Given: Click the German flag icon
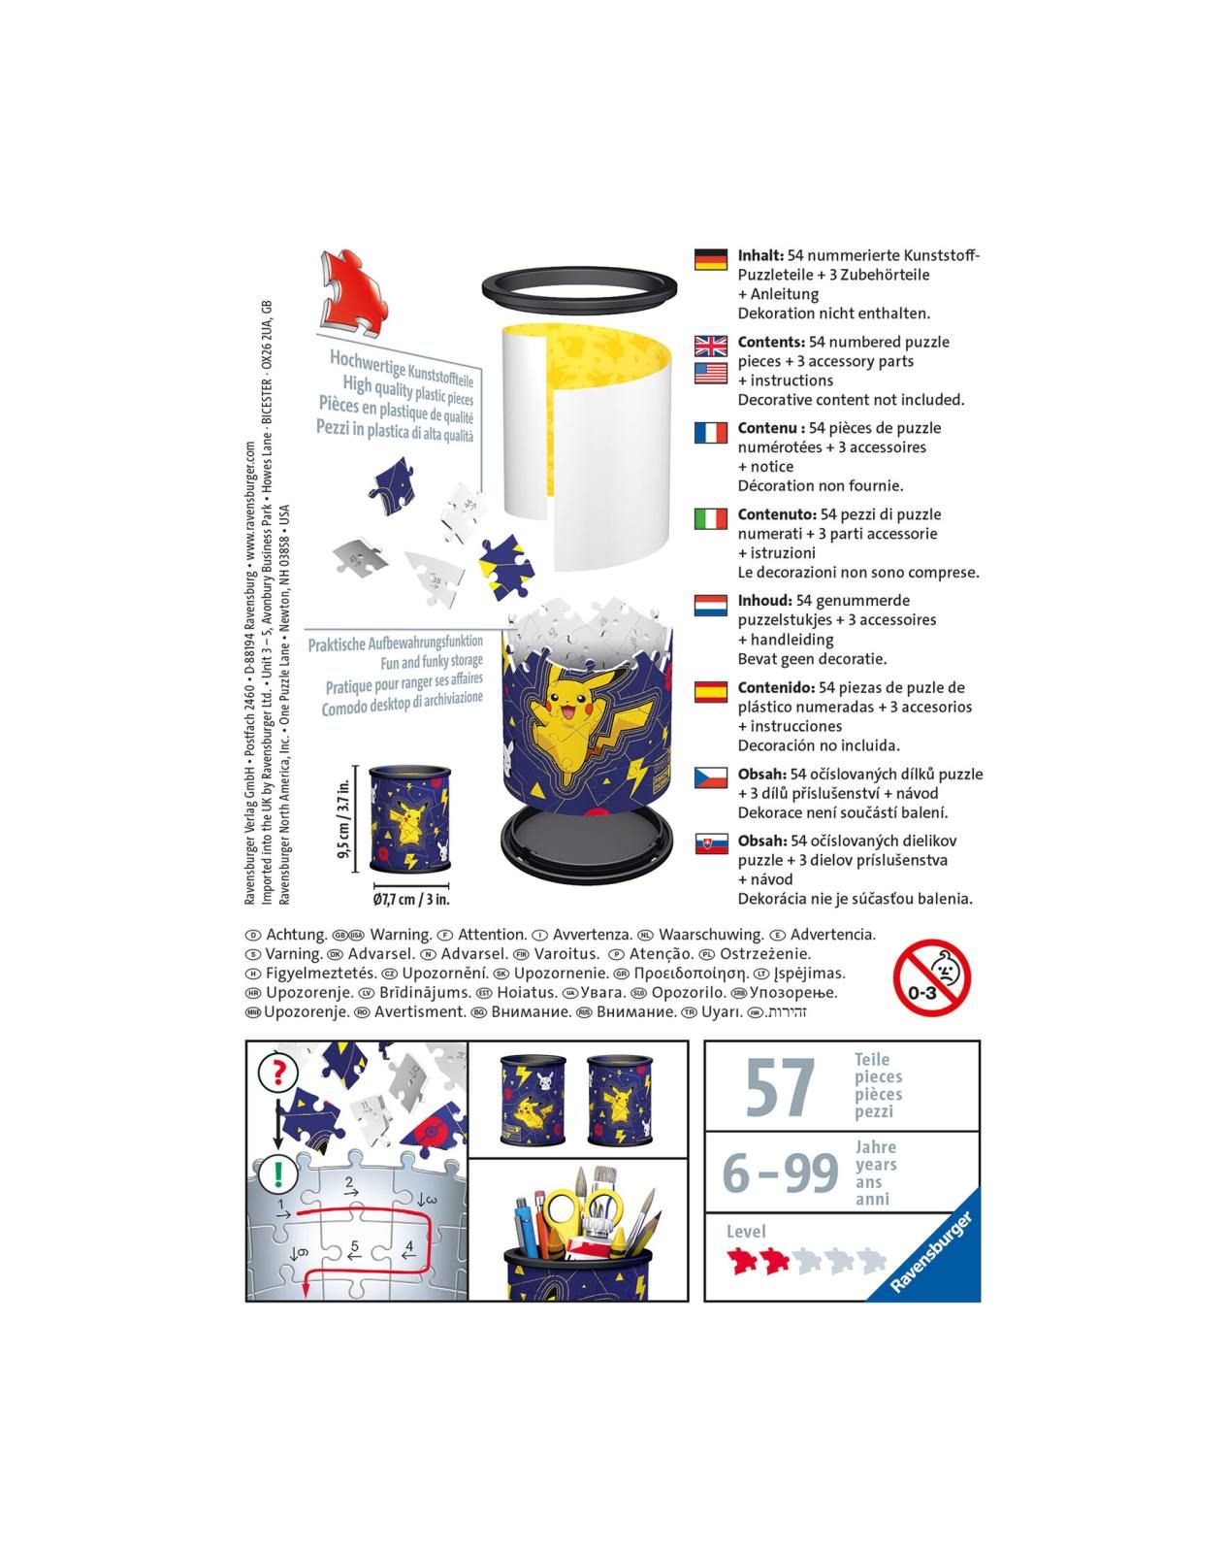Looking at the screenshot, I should (x=711, y=259).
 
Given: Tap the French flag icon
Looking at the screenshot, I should (x=711, y=432).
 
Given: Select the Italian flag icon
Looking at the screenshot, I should (x=711, y=518).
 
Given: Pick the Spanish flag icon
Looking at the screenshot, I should (x=711, y=692).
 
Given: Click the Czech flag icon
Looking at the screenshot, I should (x=711, y=778).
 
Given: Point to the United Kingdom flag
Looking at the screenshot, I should (x=711, y=346).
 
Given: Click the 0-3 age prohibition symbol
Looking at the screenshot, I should (x=931, y=977).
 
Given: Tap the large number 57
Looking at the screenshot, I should (x=781, y=1087).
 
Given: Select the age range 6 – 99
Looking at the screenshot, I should (x=780, y=1173).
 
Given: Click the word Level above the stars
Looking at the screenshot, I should (x=746, y=1232).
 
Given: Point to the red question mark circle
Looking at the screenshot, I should (x=278, y=1073).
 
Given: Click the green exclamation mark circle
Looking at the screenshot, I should (x=278, y=1173).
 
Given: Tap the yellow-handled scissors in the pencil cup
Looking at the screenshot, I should (x=579, y=1204).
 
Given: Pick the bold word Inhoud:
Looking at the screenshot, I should (x=764, y=601).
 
